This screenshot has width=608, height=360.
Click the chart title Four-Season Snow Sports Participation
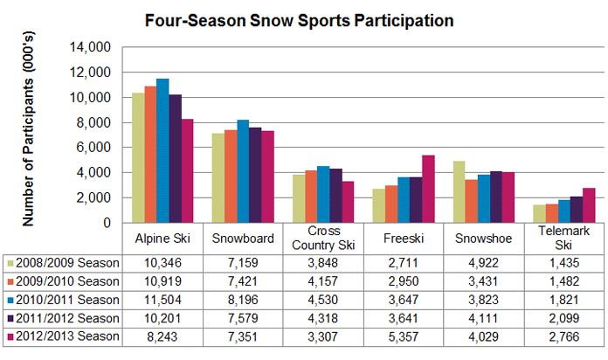click(303, 18)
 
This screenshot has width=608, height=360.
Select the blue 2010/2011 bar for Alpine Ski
click(162, 150)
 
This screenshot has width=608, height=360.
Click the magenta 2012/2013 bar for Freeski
click(428, 189)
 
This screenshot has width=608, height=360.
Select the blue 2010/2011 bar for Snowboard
click(243, 171)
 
